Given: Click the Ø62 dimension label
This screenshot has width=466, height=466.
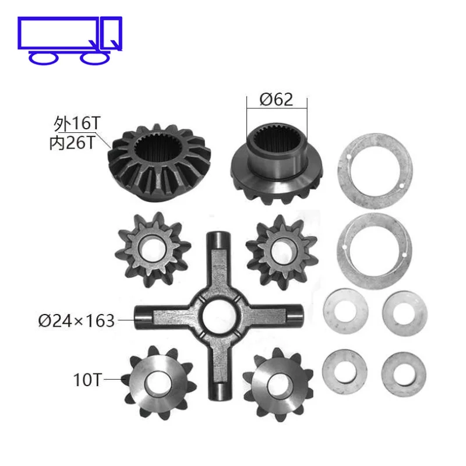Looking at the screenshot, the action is point(276,100).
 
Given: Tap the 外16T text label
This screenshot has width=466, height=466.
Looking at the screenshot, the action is point(77,123).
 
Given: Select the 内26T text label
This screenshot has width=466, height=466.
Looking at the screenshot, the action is point(72,143).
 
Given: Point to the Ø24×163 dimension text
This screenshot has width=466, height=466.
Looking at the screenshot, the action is point(76,320).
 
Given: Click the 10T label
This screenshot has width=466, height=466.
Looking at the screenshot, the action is point(87,380).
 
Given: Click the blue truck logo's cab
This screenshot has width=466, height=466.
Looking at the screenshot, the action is point(111,33).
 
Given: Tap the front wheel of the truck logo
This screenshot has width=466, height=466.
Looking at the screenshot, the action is point(95,58).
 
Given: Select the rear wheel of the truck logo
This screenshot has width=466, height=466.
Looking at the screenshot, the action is point(43,58).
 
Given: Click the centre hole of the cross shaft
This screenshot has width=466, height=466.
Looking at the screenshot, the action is point(219,315).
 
